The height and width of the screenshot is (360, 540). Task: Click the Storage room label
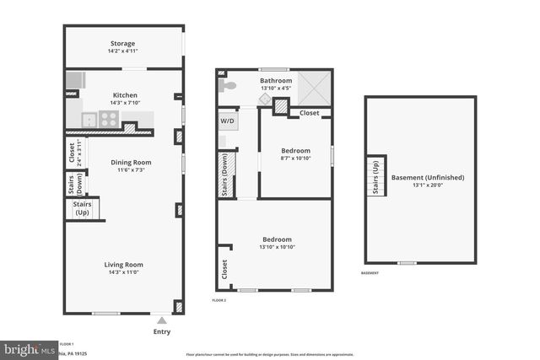tap(122, 44)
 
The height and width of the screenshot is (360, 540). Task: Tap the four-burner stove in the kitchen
tap(108, 119)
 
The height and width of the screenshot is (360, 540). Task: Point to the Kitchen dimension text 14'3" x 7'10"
tap(123, 104)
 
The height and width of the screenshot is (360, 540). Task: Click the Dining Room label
tap(131, 162)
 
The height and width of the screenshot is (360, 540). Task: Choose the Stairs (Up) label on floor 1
tap(83, 208)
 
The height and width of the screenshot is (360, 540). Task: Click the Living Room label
tap(123, 264)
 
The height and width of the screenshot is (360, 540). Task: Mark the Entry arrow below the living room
tap(162, 320)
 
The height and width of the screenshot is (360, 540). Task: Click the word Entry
tap(162, 331)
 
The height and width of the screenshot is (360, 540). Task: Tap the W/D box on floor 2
tap(228, 121)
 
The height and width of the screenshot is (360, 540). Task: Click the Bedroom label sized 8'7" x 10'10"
tap(295, 151)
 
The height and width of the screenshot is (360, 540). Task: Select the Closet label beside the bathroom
tap(310, 112)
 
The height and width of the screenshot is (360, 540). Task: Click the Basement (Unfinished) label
tap(428, 178)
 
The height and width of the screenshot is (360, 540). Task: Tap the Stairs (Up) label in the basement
tap(375, 175)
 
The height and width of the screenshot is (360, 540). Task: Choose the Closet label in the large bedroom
tap(224, 269)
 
